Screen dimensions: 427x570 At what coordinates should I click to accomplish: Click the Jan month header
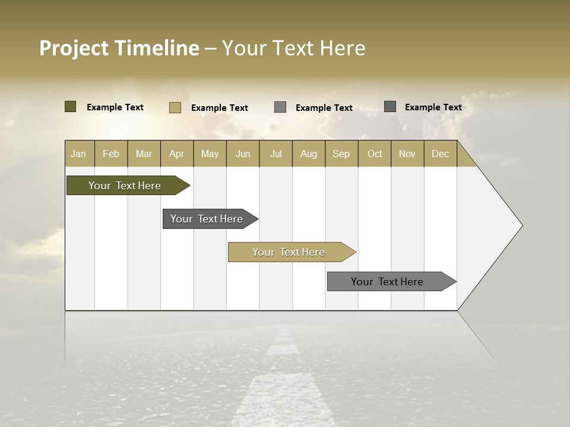[x=78, y=154]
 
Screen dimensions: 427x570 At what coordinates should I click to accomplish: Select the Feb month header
[x=111, y=154]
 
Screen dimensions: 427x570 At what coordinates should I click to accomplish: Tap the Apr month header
[x=176, y=154]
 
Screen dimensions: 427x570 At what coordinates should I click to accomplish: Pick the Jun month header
[x=243, y=154]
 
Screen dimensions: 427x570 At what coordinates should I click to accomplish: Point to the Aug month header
[x=308, y=154]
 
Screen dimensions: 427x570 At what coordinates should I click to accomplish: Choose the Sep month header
[x=341, y=154]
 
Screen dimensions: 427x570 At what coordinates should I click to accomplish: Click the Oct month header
[x=375, y=154]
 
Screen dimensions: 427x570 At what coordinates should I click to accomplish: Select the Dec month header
[x=440, y=154]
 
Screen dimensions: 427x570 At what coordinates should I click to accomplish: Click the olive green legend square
[x=71, y=107]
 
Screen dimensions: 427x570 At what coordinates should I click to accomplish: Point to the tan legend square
[x=175, y=107]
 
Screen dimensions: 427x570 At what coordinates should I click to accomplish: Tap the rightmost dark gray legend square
[x=390, y=107]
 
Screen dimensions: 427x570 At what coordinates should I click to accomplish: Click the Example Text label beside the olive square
[x=115, y=107]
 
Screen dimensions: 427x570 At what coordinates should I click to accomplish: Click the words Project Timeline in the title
[x=119, y=48]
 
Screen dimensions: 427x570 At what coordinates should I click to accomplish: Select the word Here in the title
[x=343, y=48]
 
